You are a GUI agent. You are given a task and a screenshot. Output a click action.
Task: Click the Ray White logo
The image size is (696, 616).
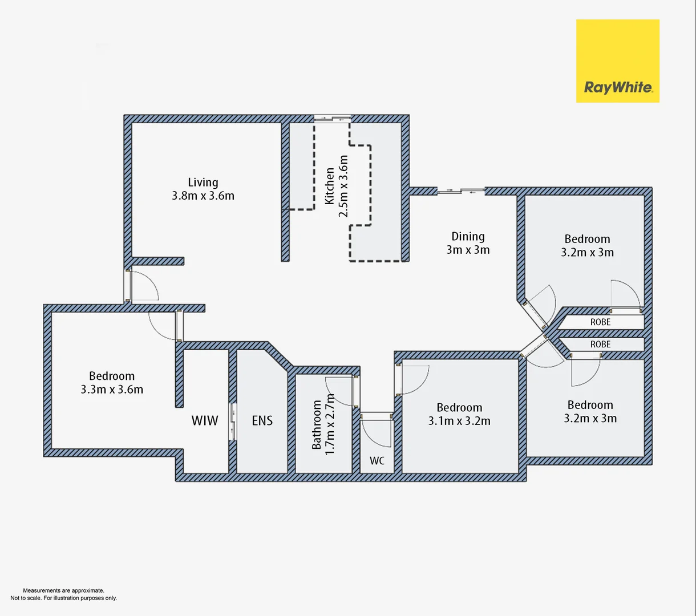pyautogui.click(x=617, y=61)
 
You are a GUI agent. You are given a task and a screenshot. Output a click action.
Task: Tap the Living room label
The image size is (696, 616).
pyautogui.click(x=203, y=189)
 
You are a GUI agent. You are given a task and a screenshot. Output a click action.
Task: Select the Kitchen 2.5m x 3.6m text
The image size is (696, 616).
pyautogui.click(x=336, y=187)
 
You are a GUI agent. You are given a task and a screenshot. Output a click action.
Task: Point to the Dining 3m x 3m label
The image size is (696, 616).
pyautogui.click(x=468, y=243)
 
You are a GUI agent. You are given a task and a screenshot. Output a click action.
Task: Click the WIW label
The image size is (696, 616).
pyautogui.click(x=204, y=421)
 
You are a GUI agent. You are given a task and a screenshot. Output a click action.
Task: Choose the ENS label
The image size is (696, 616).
pyautogui.click(x=262, y=421)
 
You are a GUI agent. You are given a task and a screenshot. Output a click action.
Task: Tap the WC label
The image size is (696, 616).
pyautogui.click(x=377, y=461)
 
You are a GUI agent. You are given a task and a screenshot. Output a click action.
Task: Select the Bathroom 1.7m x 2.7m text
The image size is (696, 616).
pyautogui.click(x=322, y=424)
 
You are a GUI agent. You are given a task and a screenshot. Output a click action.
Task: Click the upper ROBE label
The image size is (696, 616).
pyautogui.click(x=600, y=322)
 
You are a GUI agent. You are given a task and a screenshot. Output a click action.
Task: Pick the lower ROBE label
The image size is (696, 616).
pyautogui.click(x=600, y=345)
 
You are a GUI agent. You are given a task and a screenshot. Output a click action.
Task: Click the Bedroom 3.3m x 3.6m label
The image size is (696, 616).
pyautogui.click(x=112, y=383)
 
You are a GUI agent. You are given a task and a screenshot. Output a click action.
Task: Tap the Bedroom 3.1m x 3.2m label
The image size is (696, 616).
pyautogui.click(x=459, y=414)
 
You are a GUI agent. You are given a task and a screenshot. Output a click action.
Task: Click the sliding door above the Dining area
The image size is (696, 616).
pyautogui.click(x=461, y=191)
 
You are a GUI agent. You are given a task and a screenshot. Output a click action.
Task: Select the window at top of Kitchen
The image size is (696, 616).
pyautogui.click(x=333, y=119)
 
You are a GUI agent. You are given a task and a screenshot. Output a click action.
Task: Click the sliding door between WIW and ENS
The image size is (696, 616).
pyautogui.click(x=233, y=422)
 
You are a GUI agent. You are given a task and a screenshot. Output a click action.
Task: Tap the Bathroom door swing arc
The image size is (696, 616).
pyautogui.click(x=341, y=391)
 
